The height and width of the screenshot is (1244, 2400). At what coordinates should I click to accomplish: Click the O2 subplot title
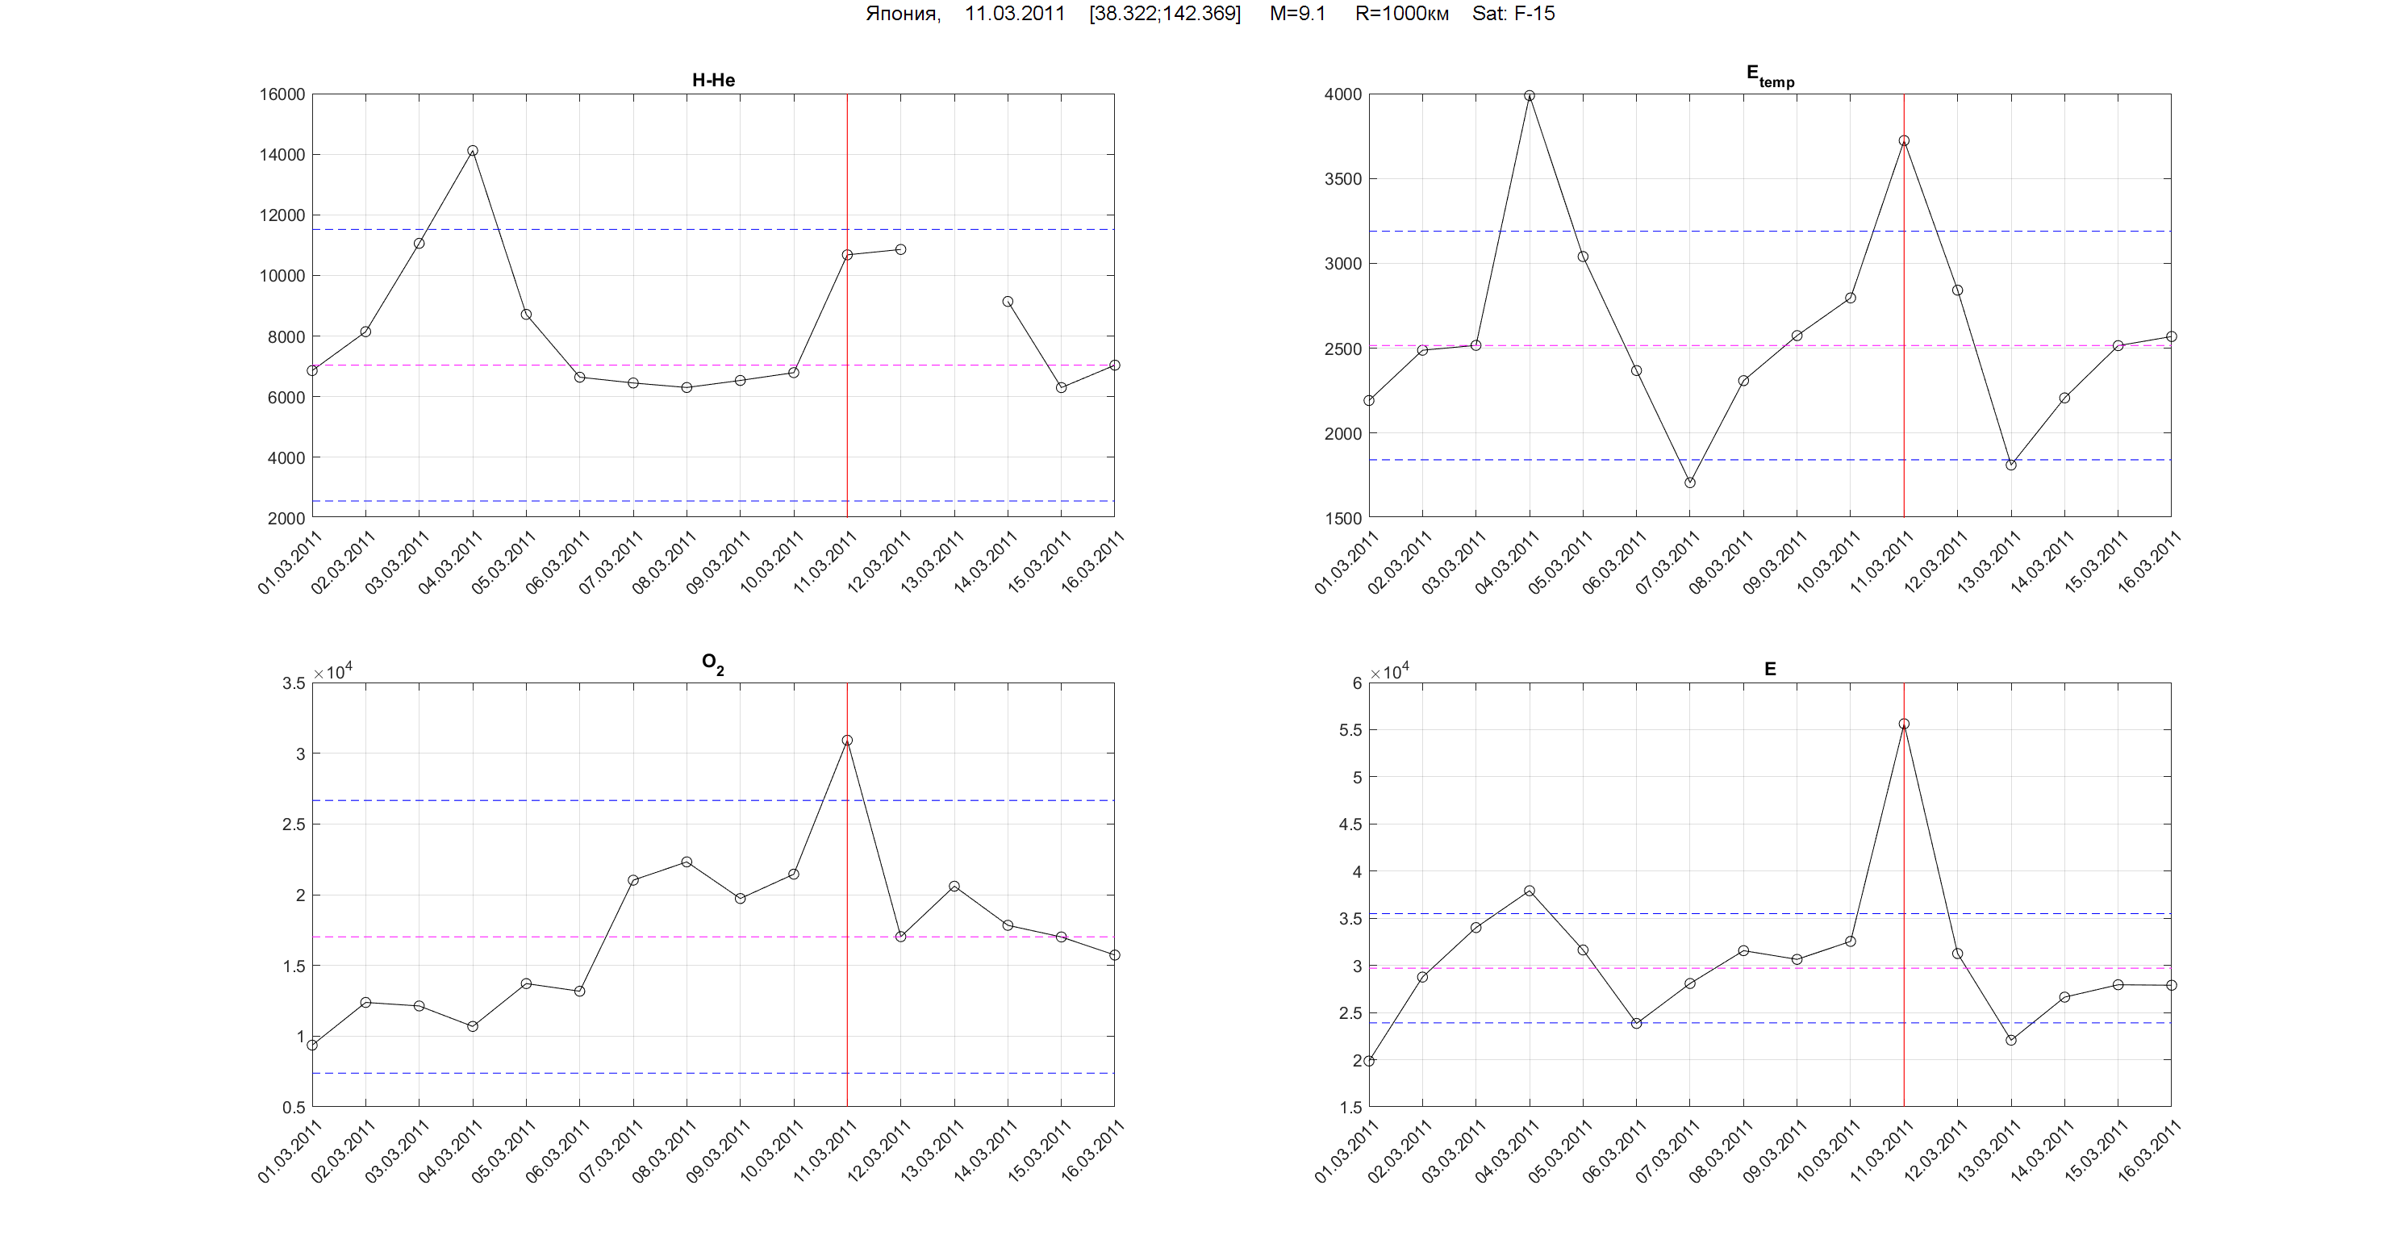point(712,665)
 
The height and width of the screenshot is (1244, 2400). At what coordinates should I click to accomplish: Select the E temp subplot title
point(1769,77)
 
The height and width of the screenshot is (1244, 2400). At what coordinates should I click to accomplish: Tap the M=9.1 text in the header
point(1297,14)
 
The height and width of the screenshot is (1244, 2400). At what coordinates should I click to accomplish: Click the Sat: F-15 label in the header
point(1513,14)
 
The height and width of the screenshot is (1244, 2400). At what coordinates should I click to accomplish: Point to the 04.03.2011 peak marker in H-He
point(473,151)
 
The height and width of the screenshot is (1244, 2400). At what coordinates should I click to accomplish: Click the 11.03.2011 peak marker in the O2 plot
point(847,741)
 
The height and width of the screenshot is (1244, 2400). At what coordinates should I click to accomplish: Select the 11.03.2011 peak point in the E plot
point(1903,724)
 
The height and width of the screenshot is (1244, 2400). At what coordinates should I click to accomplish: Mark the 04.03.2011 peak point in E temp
point(1529,96)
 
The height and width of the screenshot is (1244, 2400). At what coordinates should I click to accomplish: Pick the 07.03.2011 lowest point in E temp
point(1689,482)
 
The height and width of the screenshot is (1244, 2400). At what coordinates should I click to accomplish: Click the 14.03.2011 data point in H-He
point(1007,302)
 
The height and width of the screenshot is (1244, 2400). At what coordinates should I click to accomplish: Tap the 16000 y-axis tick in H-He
point(282,94)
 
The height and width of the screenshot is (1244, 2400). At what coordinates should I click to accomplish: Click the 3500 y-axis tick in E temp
point(1342,179)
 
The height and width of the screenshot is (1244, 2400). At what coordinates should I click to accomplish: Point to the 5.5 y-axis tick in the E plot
point(1350,731)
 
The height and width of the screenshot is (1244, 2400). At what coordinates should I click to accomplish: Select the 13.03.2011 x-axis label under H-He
point(933,561)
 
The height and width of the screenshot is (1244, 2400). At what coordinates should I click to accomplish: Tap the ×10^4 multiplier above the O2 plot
point(332,672)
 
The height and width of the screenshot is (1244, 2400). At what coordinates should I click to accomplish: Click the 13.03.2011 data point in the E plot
point(2010,1040)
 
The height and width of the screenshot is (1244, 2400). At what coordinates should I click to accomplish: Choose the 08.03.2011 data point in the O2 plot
point(687,862)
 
